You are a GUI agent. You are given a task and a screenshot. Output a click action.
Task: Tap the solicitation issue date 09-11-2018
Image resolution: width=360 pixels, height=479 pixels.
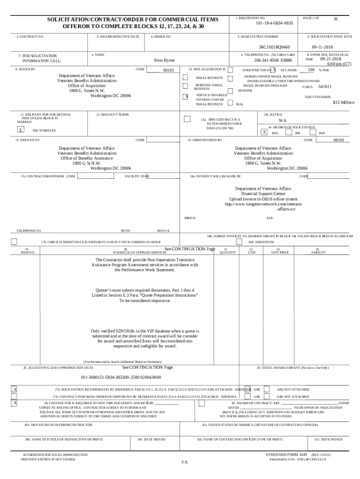[x=322, y=47]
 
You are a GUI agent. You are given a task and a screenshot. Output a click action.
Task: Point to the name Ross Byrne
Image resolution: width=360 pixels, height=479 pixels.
[x=164, y=60]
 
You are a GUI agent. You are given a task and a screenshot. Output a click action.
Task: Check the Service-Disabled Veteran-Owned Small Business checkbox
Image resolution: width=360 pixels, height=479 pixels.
[x=185, y=97]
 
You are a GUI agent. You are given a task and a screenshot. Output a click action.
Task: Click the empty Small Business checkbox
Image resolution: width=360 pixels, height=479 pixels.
[x=185, y=77]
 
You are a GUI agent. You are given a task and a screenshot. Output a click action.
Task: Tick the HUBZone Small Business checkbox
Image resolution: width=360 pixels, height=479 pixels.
[x=185, y=86]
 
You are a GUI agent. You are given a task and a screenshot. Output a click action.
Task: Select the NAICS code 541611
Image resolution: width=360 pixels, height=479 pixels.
[x=325, y=87]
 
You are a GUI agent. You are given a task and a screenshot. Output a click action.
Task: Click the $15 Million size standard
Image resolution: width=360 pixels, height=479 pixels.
[x=344, y=102]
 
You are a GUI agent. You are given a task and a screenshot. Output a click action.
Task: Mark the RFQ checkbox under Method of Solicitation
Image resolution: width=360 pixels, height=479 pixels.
[x=265, y=132]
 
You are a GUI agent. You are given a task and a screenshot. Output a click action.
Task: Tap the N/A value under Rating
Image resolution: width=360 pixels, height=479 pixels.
[x=282, y=120]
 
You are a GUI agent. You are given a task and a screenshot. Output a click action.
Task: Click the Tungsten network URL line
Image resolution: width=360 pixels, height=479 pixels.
[x=263, y=204]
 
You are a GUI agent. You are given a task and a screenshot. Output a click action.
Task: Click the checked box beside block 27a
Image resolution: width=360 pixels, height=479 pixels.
[x=15, y=389]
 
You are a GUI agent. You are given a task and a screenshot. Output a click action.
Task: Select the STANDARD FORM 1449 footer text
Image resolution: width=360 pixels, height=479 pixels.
[x=286, y=455]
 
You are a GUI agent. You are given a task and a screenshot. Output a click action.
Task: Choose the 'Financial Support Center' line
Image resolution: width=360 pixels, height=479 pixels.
[x=263, y=194]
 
